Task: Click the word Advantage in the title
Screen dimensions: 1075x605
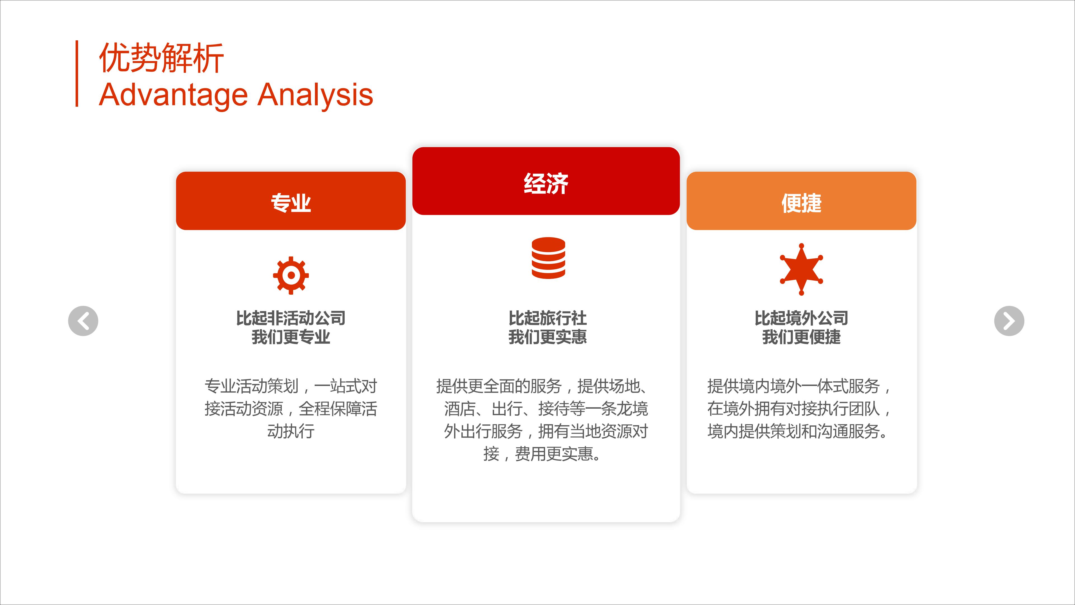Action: click(x=174, y=96)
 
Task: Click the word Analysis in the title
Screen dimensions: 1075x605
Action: click(x=316, y=96)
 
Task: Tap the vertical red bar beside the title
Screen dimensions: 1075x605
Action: click(x=77, y=73)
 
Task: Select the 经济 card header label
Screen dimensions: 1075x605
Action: click(x=546, y=184)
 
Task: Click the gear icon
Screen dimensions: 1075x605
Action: click(x=291, y=275)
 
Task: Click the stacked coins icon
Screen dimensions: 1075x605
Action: click(x=548, y=258)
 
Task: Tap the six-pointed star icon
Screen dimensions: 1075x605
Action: click(x=801, y=269)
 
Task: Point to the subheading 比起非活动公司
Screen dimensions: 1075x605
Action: click(x=291, y=318)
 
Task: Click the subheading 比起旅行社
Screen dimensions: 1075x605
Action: click(x=548, y=318)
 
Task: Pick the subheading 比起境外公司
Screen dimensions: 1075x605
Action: click(x=801, y=318)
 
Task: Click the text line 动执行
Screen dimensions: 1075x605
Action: click(x=291, y=431)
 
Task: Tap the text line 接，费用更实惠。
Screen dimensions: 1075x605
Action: click(x=543, y=454)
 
